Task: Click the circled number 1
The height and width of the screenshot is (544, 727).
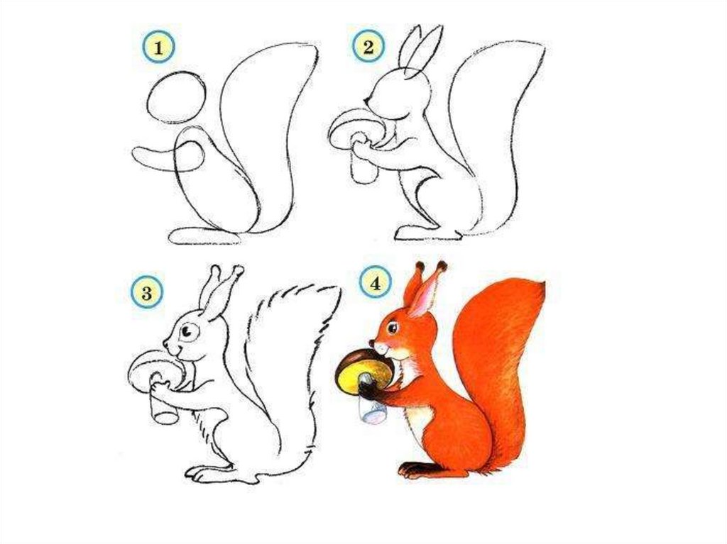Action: point(158,48)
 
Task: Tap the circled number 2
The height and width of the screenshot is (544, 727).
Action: point(368,47)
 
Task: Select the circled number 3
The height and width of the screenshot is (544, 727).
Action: point(146,293)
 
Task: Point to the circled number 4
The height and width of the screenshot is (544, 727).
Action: point(375,283)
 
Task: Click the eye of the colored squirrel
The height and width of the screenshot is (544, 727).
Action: point(393,327)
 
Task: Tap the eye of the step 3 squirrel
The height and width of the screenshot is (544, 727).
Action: point(187,331)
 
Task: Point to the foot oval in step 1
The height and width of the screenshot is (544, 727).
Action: point(204,235)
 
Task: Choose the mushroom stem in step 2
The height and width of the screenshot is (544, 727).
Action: point(364,160)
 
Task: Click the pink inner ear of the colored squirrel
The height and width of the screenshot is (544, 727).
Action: point(425,297)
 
